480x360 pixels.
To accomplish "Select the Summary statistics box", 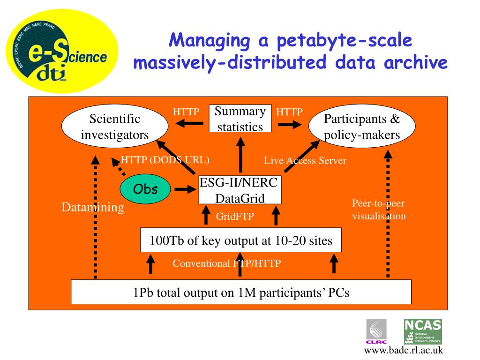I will tap(240, 119).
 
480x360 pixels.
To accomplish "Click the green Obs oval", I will tap(145, 189).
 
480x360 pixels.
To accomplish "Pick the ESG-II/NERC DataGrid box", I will tap(240, 190).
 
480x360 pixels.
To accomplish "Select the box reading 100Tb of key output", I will tap(241, 241).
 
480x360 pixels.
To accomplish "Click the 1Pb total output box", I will tap(241, 293).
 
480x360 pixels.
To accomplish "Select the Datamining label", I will tap(93, 208).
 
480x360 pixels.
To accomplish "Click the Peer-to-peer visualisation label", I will tap(379, 210).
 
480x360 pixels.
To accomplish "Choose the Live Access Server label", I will tap(305, 161).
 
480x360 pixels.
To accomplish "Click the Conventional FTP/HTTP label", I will tap(226, 263).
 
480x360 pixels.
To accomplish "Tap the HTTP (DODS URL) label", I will tap(165, 159).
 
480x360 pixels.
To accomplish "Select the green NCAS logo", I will tap(423, 331).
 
